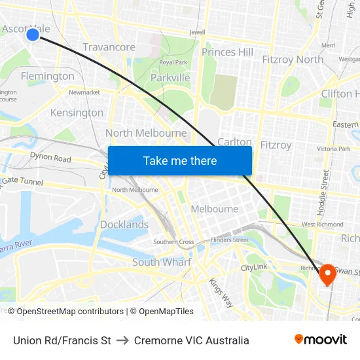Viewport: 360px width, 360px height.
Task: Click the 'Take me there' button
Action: click(x=179, y=161)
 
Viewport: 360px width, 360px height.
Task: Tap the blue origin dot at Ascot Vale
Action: click(x=33, y=34)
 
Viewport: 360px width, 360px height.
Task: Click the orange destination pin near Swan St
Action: click(x=327, y=275)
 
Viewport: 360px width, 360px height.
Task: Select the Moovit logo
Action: click(x=321, y=340)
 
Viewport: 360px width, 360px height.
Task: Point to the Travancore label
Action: click(x=109, y=47)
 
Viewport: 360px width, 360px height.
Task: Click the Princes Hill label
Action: click(x=227, y=52)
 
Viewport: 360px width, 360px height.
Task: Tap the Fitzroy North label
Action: click(x=293, y=59)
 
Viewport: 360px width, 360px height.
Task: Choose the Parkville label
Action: click(x=170, y=78)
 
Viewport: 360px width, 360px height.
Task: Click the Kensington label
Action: click(x=77, y=113)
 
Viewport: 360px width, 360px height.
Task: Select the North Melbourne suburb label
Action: click(x=146, y=133)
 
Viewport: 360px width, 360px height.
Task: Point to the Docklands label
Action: click(x=124, y=225)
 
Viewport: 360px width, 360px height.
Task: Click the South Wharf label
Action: click(x=162, y=262)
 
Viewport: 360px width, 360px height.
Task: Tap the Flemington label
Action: click(x=48, y=76)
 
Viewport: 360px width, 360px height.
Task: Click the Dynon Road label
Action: click(x=50, y=158)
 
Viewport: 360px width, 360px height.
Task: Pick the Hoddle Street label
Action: click(x=325, y=193)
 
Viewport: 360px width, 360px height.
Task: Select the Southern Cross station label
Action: click(x=173, y=242)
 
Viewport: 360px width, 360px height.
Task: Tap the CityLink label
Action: click(x=254, y=268)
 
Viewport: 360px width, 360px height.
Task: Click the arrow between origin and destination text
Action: click(x=122, y=340)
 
